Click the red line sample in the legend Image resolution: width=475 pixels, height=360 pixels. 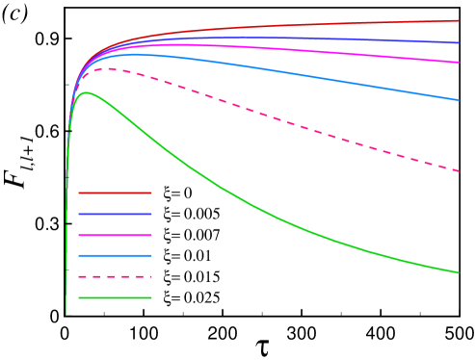click(x=115, y=193)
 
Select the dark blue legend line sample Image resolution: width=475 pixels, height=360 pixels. click(x=115, y=214)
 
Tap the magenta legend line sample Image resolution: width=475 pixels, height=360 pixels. click(x=115, y=235)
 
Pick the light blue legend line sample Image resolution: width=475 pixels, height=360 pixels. click(x=115, y=256)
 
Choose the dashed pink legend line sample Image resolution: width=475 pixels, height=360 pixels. click(x=115, y=276)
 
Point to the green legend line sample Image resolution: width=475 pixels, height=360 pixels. click(x=115, y=297)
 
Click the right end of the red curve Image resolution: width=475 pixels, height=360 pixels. click(x=459, y=20)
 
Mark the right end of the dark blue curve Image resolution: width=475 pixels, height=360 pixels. click(x=459, y=42)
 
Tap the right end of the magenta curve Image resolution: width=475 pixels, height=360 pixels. click(x=459, y=63)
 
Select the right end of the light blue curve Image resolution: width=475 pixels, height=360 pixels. click(x=459, y=100)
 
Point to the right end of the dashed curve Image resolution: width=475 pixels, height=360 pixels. click(x=459, y=171)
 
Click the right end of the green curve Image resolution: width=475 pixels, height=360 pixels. click(x=459, y=272)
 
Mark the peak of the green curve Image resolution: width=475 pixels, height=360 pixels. click(x=87, y=92)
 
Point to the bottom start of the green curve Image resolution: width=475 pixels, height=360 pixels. click(x=66, y=313)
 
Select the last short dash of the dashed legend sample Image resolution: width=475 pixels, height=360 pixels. click(x=148, y=276)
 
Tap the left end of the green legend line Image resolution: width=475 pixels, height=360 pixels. click(x=79, y=297)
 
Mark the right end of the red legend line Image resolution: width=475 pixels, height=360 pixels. click(x=151, y=193)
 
